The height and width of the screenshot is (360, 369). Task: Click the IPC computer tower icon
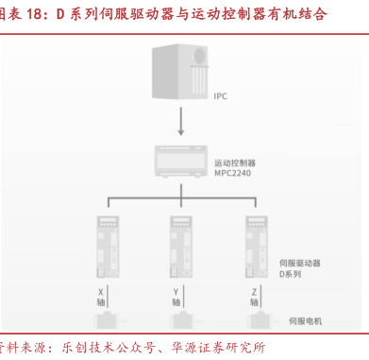pyautogui.click(x=180, y=72)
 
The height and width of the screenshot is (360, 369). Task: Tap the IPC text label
pyautogui.click(x=220, y=96)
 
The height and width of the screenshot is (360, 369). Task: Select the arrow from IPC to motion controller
pyautogui.click(x=181, y=121)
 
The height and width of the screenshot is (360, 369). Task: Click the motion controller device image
pyautogui.click(x=181, y=162)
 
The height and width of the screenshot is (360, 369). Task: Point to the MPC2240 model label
pyautogui.click(x=233, y=173)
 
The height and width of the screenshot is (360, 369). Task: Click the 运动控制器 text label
pyautogui.click(x=235, y=163)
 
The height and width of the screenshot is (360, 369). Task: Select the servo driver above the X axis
pyautogui.click(x=108, y=247)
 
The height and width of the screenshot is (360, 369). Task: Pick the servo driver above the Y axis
pyautogui.click(x=181, y=247)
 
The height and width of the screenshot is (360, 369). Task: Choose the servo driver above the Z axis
pyautogui.click(x=257, y=247)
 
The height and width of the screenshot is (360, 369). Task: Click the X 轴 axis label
pyautogui.click(x=101, y=297)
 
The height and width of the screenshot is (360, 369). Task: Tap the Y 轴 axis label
pyautogui.click(x=176, y=297)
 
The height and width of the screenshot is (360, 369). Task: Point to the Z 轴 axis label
pyautogui.click(x=254, y=297)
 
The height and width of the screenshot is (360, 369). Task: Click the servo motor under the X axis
pyautogui.click(x=107, y=320)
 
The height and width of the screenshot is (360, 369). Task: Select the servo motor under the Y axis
pyautogui.click(x=183, y=320)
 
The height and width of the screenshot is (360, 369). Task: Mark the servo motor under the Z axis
pyautogui.click(x=260, y=320)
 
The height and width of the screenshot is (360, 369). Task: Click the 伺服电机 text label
pyautogui.click(x=306, y=321)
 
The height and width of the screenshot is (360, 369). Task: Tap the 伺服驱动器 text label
pyautogui.click(x=300, y=264)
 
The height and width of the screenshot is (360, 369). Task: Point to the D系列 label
pyautogui.click(x=290, y=274)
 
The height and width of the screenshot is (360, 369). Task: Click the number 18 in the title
pyautogui.click(x=34, y=14)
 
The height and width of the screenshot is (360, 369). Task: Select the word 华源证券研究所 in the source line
pyautogui.click(x=218, y=348)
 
